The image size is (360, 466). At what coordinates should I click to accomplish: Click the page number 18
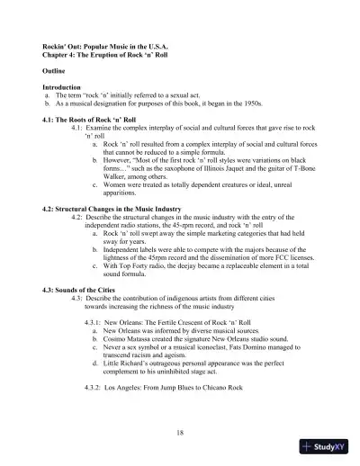tap(181, 432)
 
